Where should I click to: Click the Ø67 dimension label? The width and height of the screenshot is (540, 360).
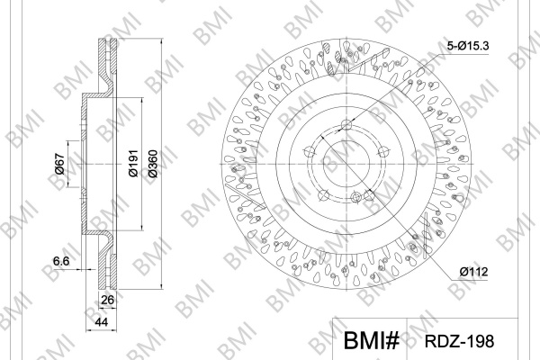(59, 164)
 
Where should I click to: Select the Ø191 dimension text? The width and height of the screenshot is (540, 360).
(133, 163)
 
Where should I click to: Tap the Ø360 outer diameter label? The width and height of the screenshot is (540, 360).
(153, 163)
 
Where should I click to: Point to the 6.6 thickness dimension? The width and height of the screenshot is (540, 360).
(61, 261)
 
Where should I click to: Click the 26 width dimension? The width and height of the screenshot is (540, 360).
(107, 300)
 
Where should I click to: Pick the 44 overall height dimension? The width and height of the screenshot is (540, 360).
(101, 322)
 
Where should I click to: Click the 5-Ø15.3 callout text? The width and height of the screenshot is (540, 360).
(468, 46)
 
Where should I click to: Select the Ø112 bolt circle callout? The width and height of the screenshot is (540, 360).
(473, 272)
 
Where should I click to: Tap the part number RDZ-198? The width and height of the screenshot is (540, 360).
(459, 341)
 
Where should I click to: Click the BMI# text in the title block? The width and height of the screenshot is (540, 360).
(372, 340)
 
